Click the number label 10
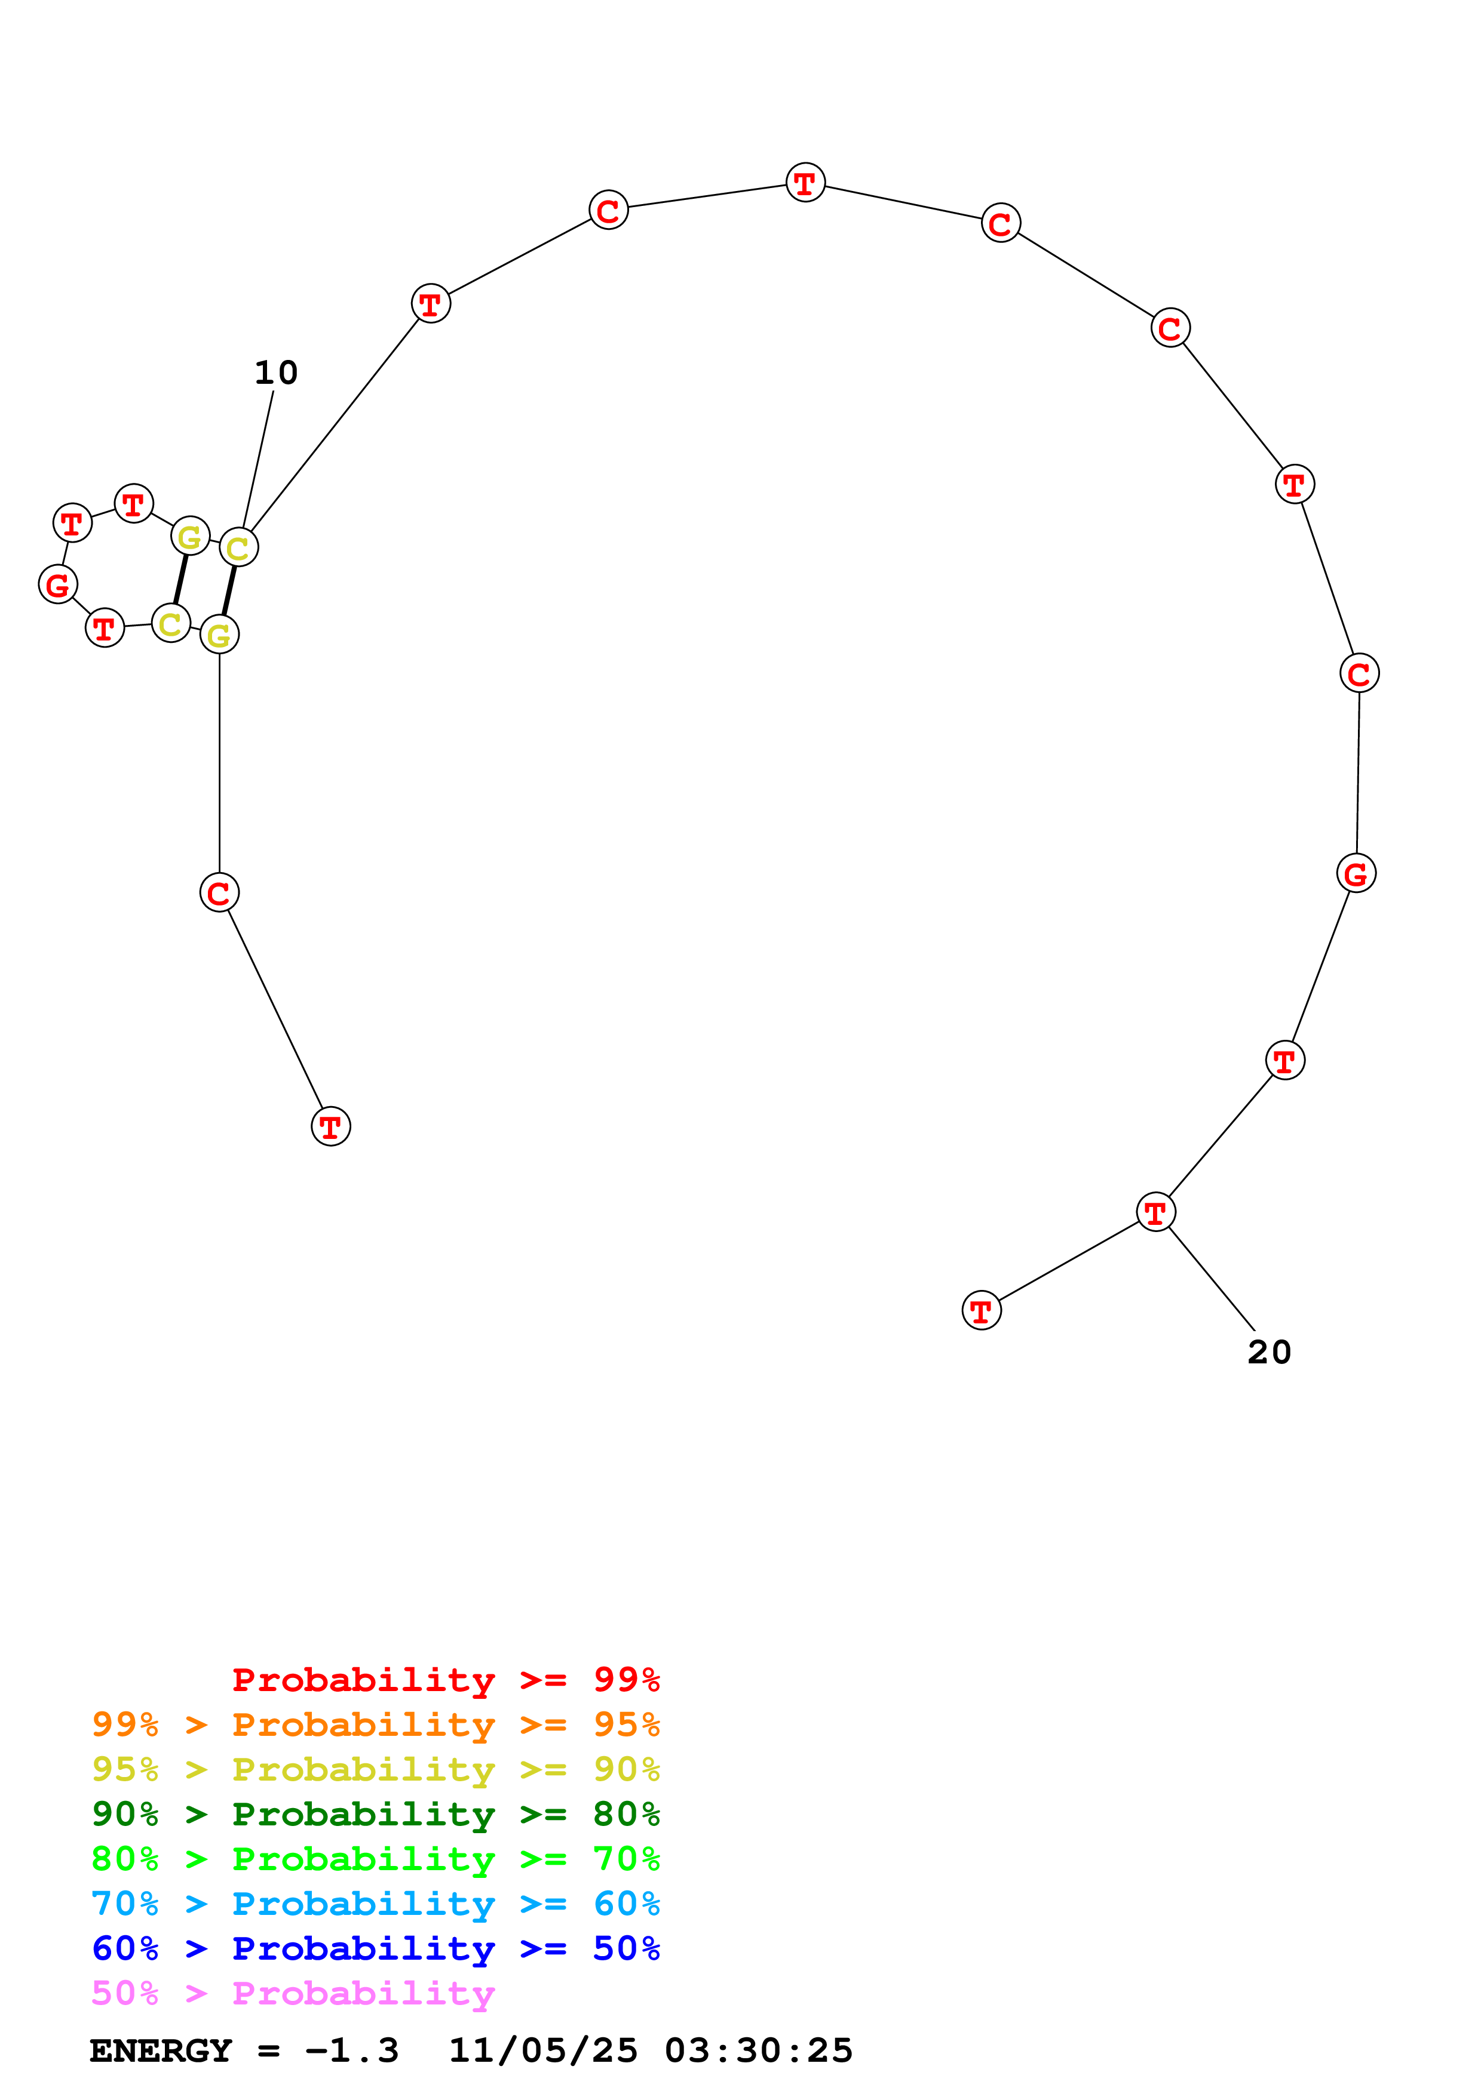pos(275,373)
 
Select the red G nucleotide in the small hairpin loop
pos(57,584)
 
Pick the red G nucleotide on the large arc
pos(1356,874)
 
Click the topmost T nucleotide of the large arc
pos(805,183)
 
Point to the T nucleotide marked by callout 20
pos(1155,1213)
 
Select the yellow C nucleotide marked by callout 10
pos(238,548)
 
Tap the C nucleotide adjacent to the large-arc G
pos(1359,674)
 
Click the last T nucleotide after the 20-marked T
pos(981,1311)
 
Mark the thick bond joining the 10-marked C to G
pos(229,591)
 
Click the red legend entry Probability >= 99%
pos(445,1680)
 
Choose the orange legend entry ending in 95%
pos(375,1725)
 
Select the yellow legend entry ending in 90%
pos(375,1769)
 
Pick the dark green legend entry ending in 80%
pos(375,1814)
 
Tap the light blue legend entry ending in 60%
pos(375,1904)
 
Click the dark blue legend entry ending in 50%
pos(375,1948)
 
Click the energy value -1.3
pos(352,2050)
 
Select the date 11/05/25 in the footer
pos(543,2050)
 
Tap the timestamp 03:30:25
pos(758,2050)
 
